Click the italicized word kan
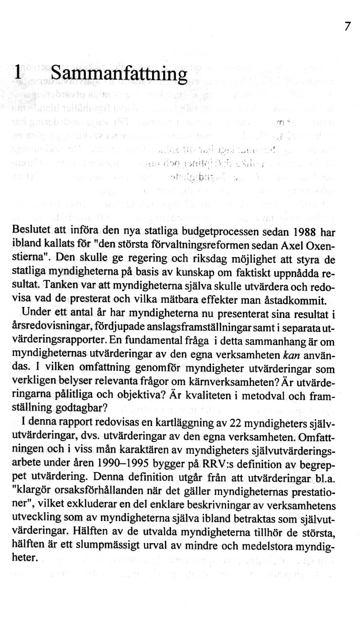(292, 354)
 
